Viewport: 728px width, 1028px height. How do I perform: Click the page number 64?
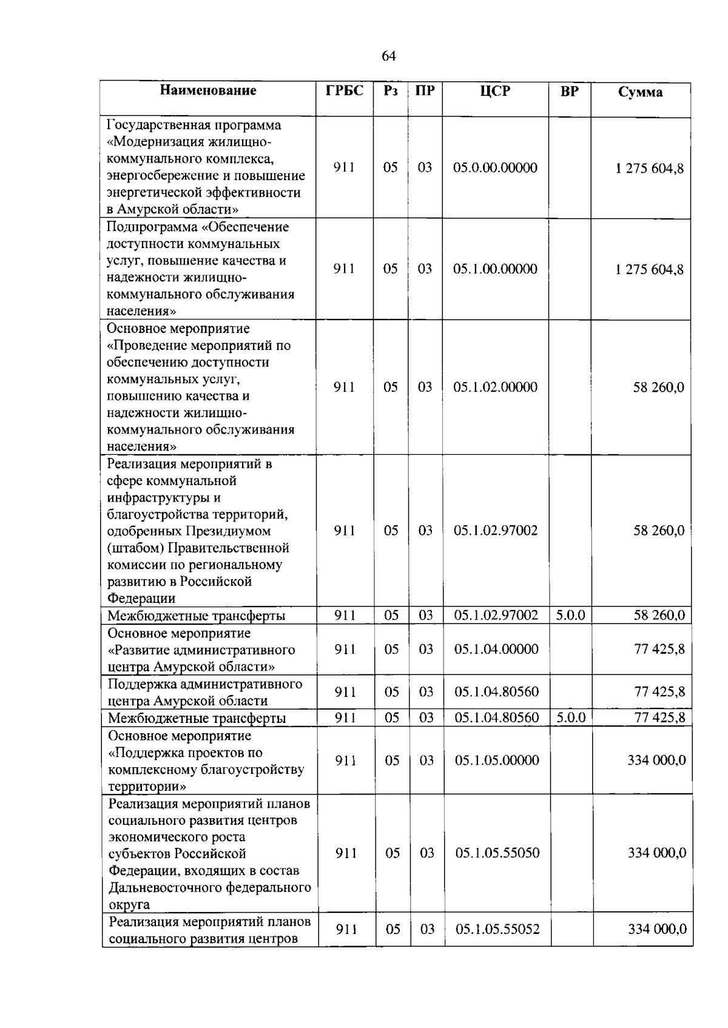(x=388, y=56)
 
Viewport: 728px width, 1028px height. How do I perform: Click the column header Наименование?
(x=208, y=91)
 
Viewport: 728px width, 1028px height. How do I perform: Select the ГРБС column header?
(x=345, y=91)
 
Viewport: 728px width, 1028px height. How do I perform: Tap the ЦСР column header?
(x=495, y=91)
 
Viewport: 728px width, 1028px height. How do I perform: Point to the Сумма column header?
(x=640, y=92)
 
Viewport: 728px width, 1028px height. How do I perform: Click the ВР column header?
(x=569, y=91)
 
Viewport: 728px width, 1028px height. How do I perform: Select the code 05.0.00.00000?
(x=495, y=168)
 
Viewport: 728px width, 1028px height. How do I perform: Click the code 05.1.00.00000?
(x=495, y=269)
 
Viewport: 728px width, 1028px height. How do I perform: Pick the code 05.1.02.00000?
(x=495, y=387)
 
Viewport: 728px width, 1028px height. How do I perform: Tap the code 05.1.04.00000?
(x=496, y=650)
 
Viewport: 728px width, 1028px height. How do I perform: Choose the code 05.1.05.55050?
(x=497, y=853)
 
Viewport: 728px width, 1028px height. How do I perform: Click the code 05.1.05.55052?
(x=497, y=929)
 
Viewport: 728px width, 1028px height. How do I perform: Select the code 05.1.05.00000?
(x=497, y=761)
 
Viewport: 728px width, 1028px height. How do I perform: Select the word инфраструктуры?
(x=155, y=498)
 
